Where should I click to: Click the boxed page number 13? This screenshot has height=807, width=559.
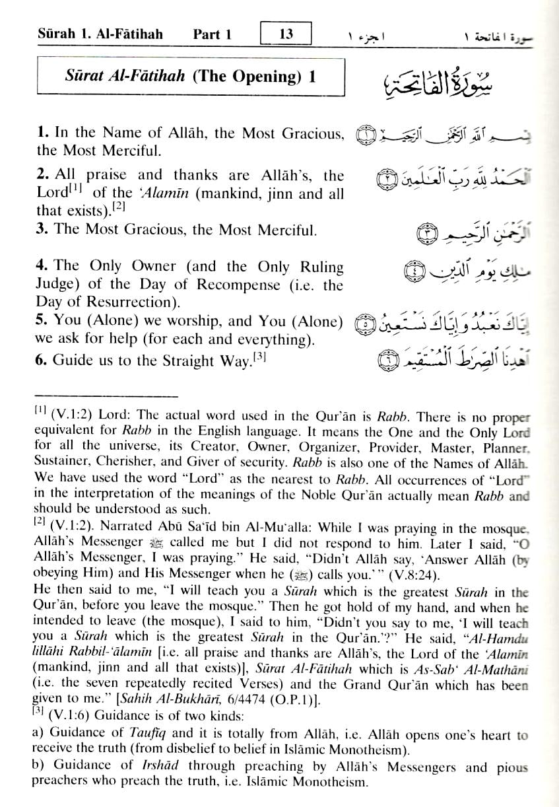(x=286, y=33)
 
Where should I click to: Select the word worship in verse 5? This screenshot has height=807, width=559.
(x=193, y=322)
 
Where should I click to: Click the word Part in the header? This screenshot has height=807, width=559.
(x=206, y=34)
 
